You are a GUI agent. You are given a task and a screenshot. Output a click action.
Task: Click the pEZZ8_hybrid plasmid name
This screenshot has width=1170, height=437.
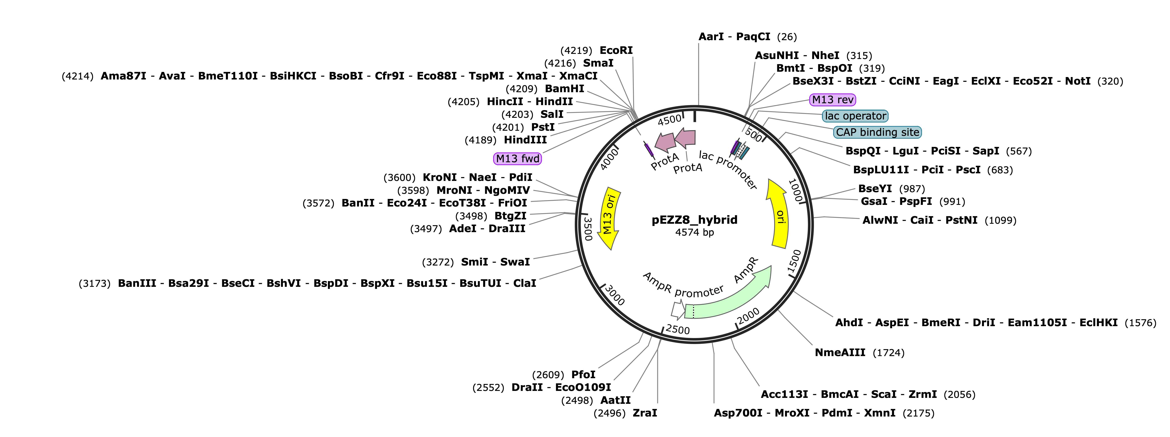tap(694, 220)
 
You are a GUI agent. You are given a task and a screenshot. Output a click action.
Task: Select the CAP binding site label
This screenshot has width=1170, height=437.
tap(877, 133)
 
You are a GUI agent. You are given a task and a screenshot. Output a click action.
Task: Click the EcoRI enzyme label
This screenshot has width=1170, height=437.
tap(616, 50)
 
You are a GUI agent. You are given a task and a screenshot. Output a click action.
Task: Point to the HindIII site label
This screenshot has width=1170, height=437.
tap(526, 140)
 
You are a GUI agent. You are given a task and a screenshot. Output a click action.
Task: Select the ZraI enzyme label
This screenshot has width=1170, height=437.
tap(645, 413)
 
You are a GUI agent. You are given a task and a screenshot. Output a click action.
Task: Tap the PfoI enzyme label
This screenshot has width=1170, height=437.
tap(583, 375)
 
